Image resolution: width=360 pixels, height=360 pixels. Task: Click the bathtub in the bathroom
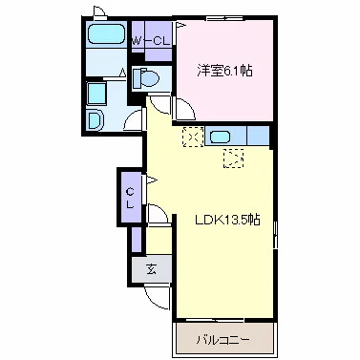(x=106, y=33)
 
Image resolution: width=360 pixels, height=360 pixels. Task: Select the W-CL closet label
(x=151, y=41)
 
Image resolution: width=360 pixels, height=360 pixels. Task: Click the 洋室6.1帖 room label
(x=224, y=71)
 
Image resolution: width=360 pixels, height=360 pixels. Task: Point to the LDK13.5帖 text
(x=227, y=220)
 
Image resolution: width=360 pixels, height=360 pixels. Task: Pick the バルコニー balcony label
(x=222, y=340)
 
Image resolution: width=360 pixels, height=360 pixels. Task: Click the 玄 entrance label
(x=152, y=270)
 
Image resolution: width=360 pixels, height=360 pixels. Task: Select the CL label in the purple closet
(x=130, y=198)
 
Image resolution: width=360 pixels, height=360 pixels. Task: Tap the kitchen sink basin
(x=220, y=137)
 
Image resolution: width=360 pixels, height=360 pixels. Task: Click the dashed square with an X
(x=193, y=137)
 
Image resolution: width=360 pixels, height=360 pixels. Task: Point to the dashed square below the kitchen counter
(x=234, y=159)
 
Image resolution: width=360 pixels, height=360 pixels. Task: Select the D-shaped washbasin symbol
(x=95, y=119)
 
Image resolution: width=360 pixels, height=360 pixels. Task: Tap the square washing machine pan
(x=96, y=95)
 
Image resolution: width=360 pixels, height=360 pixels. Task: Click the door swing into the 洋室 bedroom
(x=184, y=108)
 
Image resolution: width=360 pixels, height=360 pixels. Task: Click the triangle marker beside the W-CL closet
(x=180, y=25)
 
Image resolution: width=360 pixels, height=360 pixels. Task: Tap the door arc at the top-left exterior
(x=99, y=11)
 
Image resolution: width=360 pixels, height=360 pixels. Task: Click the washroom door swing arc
(x=133, y=119)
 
